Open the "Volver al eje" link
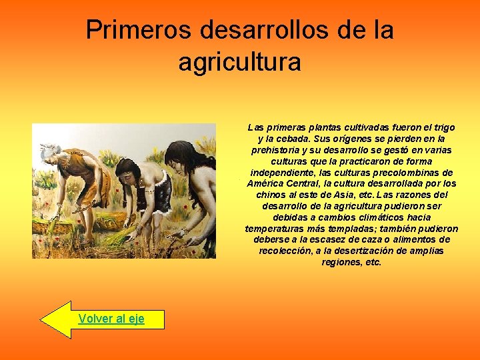(111, 319)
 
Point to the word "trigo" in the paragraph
(443, 127)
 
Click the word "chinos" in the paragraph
(270, 195)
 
